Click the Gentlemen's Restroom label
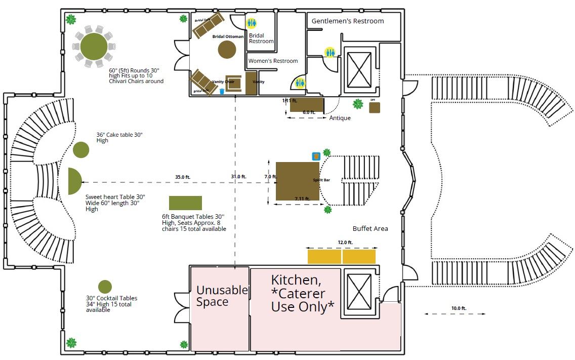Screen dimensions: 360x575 (x=347, y=21)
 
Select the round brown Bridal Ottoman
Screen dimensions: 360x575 (x=227, y=50)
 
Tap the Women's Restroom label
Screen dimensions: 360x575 (x=273, y=61)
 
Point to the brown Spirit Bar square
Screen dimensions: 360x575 (x=297, y=181)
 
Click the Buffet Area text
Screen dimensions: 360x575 (x=370, y=228)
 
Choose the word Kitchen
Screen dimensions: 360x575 (x=296, y=280)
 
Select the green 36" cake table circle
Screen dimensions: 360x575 (x=81, y=150)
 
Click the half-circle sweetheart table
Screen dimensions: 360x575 (x=74, y=181)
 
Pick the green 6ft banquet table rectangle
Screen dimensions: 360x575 (x=185, y=203)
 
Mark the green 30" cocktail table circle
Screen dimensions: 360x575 (x=105, y=287)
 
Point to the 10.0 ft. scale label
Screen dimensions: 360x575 (x=459, y=308)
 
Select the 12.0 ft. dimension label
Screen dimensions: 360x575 (x=345, y=243)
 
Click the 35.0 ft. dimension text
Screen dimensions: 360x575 (x=183, y=177)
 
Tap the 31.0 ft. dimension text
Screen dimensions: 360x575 (x=238, y=177)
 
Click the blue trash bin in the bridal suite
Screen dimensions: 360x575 (x=222, y=92)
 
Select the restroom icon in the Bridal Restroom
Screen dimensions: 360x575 (x=252, y=23)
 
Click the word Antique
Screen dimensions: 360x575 (x=340, y=118)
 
